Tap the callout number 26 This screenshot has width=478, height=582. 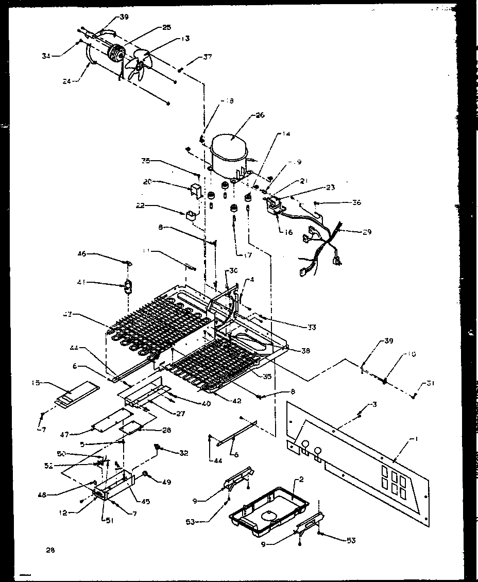[260, 115]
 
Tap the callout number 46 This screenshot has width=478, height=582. [82, 254]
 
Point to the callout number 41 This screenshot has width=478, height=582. [82, 282]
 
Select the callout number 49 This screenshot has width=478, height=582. [167, 482]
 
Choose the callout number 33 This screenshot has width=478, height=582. [325, 327]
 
